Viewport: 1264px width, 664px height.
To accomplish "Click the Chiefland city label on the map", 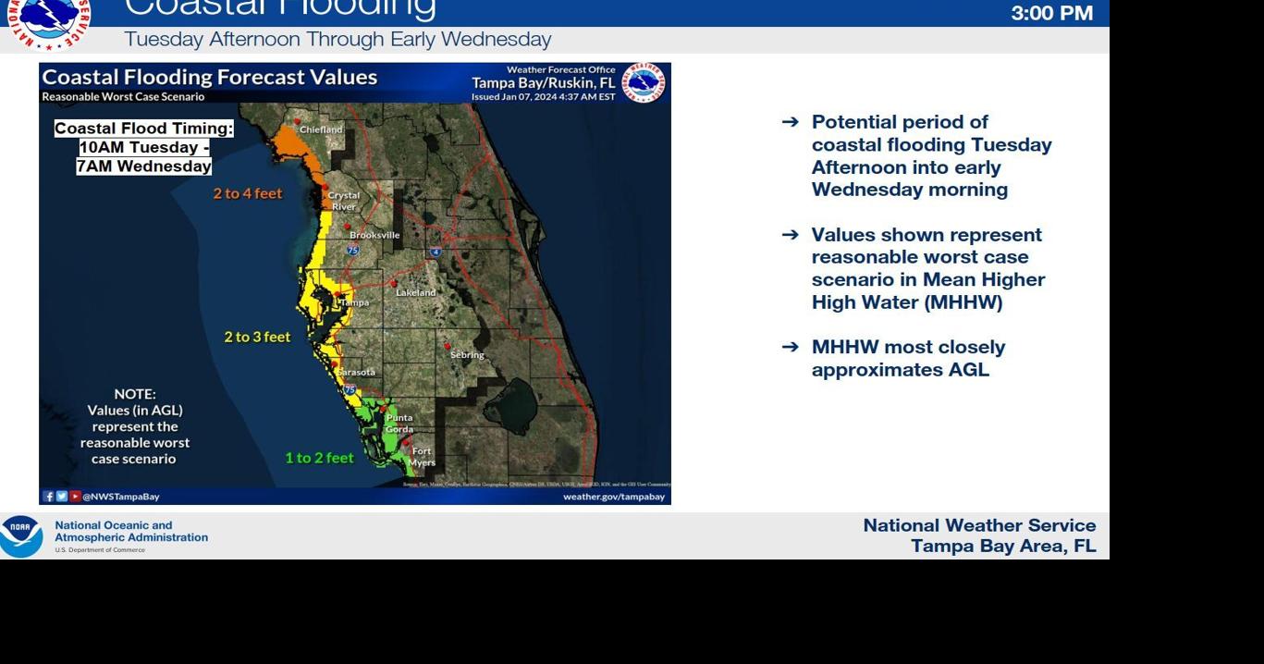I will pos(321,130).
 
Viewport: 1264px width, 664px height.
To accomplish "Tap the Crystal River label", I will pos(343,201).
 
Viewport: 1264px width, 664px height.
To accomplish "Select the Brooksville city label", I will pos(374,235).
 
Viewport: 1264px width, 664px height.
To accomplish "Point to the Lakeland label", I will pos(415,292).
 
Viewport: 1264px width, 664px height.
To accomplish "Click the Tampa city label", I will pos(354,302).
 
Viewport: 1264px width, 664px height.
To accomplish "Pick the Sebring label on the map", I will pos(467,355).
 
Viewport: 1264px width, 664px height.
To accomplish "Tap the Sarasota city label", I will pos(356,372).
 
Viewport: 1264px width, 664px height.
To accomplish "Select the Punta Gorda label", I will pos(399,424).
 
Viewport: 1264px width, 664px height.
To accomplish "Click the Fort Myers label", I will pos(422,457).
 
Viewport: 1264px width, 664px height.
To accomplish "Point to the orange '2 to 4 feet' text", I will pos(248,193).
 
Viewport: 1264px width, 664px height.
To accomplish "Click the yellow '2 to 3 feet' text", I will pos(257,338).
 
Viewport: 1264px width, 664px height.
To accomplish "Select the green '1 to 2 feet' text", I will pos(319,458).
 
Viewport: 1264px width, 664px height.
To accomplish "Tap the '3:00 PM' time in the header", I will pos(1051,13).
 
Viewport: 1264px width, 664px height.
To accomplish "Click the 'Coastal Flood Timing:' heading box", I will pos(144,129).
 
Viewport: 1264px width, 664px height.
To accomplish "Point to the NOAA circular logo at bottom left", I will pos(21,536).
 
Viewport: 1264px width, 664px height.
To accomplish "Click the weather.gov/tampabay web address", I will pos(614,497).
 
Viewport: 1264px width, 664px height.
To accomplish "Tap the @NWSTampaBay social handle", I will pos(121,497).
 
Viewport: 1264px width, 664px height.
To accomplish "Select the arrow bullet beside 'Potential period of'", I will pos(790,122).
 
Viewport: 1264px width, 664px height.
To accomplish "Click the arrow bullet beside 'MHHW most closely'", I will pos(790,347).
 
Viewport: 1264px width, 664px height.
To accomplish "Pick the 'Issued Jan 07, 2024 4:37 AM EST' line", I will pos(543,96).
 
